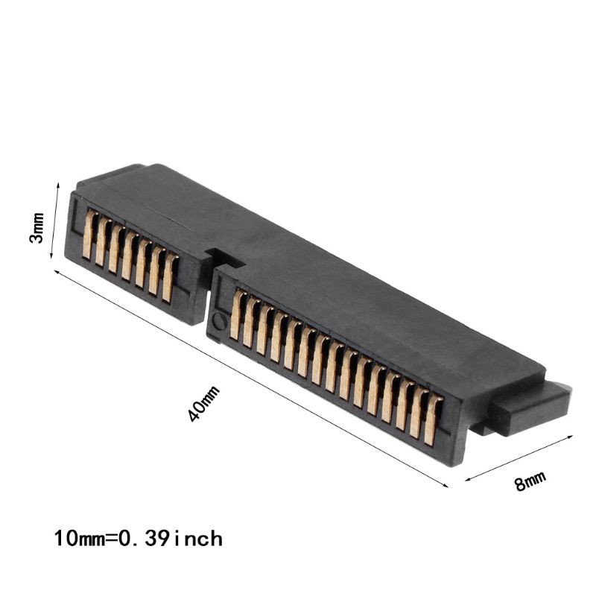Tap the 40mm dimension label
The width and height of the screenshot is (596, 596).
pyautogui.click(x=206, y=402)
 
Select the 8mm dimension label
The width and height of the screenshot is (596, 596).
pyautogui.click(x=530, y=481)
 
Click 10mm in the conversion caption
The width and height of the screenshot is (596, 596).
pyautogui.click(x=74, y=537)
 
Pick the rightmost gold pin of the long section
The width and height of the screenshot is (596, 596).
pyautogui.click(x=431, y=422)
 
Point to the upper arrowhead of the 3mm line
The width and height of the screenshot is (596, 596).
pyautogui.click(x=57, y=183)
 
